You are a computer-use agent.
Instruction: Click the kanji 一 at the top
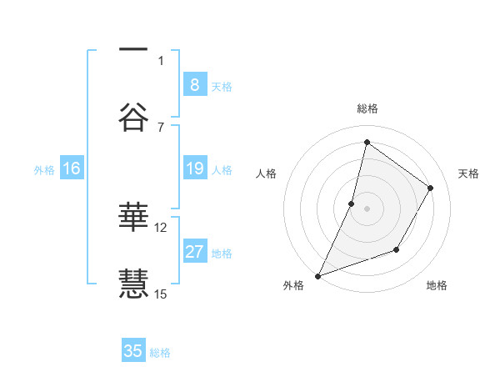(x=133, y=49)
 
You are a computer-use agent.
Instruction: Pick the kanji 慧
(x=133, y=283)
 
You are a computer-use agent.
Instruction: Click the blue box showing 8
(x=194, y=85)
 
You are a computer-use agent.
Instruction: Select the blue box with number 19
(x=194, y=168)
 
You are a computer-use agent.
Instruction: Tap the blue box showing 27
(x=194, y=252)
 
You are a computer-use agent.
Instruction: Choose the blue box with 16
(x=72, y=168)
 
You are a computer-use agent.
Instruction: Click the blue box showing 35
(x=133, y=351)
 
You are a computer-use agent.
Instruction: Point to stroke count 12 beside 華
(x=161, y=227)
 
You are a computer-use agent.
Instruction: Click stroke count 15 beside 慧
(x=161, y=294)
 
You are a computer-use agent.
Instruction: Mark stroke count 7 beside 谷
(x=161, y=127)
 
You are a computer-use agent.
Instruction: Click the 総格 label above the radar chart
(x=367, y=109)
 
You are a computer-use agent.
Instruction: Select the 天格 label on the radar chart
(x=468, y=173)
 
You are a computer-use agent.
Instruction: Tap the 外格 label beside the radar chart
(x=293, y=285)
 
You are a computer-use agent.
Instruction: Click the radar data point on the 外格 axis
(x=318, y=275)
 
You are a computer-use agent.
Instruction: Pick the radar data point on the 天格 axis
(x=431, y=188)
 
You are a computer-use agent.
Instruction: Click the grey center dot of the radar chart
(x=367, y=209)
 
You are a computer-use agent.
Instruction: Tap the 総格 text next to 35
(x=160, y=352)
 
